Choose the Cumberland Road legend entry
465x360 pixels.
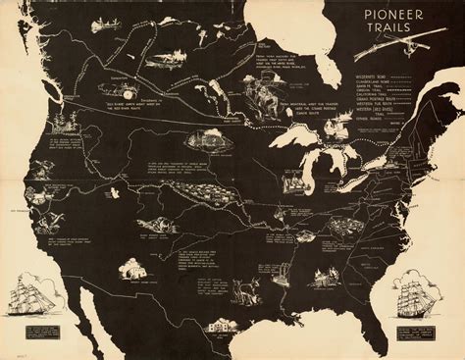[378, 79]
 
